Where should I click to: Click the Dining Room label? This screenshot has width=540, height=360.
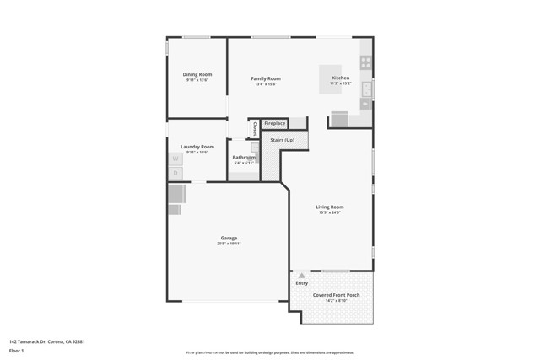197,74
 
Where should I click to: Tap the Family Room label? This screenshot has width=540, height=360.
264,78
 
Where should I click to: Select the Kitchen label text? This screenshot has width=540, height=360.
340,78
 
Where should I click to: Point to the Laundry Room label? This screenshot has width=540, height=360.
197,147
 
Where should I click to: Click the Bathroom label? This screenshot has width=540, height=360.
244,158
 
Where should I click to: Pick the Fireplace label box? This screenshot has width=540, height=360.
275,124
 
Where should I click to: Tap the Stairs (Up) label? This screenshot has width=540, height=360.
282,140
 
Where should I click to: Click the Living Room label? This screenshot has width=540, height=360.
330,207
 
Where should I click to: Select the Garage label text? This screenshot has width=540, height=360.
229,238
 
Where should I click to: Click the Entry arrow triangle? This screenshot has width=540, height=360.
301,275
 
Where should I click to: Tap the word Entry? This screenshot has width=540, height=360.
301,282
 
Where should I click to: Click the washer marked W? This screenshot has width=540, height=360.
175,158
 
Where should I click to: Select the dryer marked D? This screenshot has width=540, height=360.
175,172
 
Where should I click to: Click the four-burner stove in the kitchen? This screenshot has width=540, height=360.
365,62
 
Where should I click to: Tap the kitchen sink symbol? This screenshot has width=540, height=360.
366,88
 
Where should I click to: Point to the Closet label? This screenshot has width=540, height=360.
255,129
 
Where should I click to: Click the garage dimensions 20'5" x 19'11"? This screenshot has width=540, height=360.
229,244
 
